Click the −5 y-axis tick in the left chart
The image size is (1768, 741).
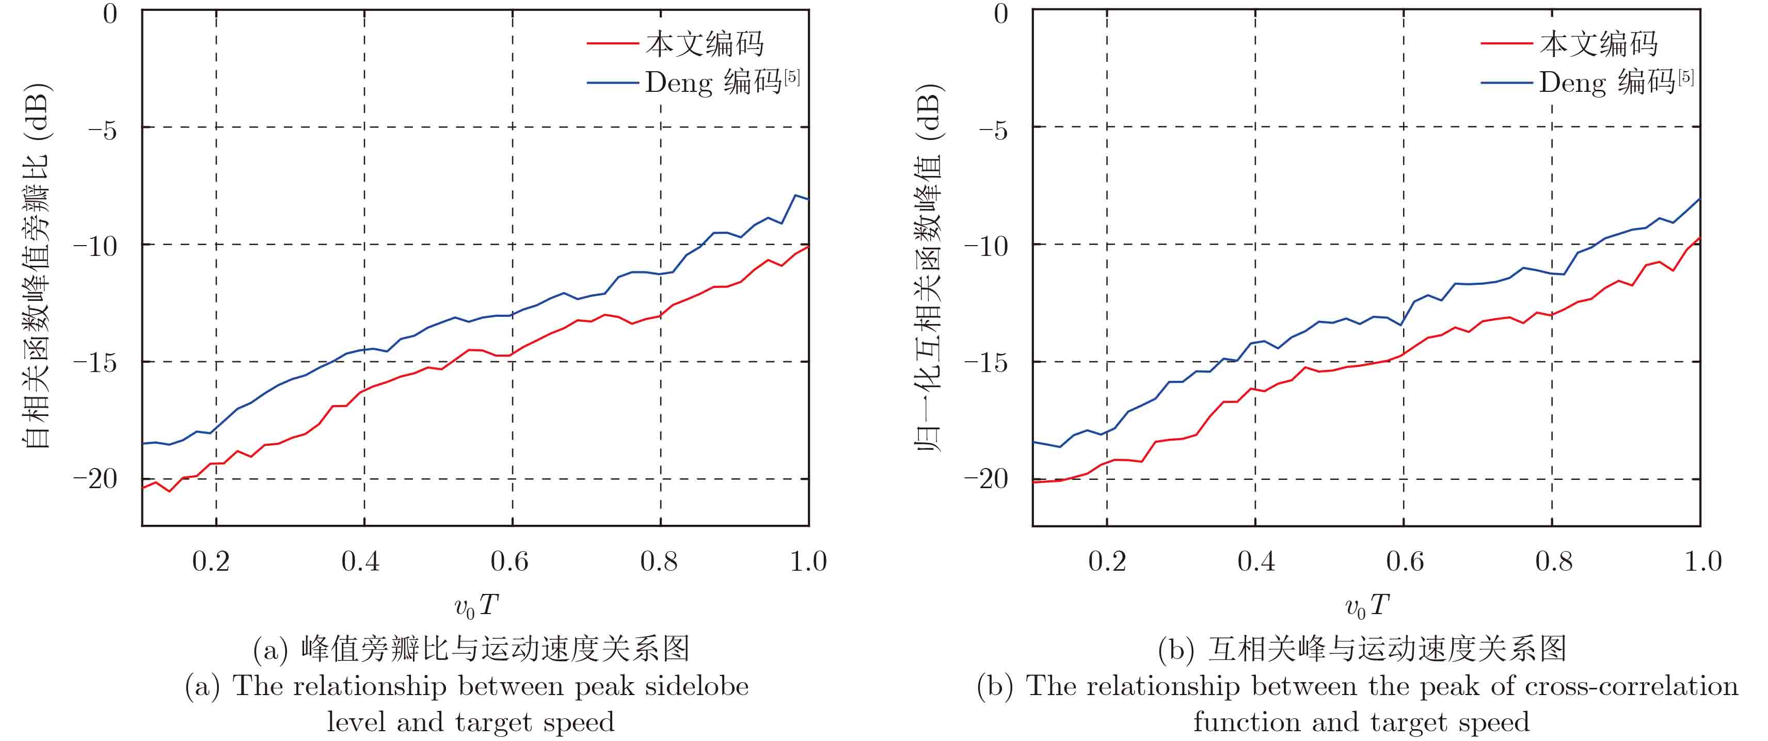coord(103,130)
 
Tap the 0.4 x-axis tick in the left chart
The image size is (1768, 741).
coord(360,561)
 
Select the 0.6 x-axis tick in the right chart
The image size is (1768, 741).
coord(1404,561)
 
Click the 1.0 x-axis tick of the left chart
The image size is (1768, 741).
coord(808,561)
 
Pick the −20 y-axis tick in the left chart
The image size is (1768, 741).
coord(96,479)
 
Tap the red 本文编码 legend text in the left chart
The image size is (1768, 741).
coord(704,44)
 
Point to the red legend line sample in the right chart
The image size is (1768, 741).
coord(1506,43)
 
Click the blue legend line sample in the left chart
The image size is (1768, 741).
coord(613,83)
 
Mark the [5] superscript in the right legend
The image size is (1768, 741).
coord(1686,77)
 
